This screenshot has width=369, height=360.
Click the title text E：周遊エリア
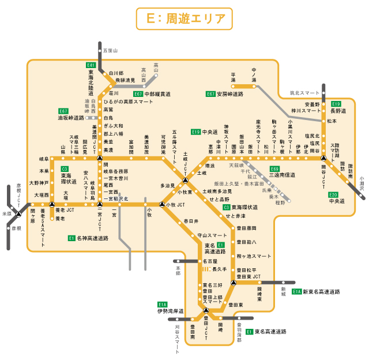[184, 18]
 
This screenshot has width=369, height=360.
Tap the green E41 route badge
[91, 65]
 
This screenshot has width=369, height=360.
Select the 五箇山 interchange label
[110, 51]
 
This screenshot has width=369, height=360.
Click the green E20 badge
[334, 194]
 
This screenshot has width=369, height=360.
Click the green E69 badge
[274, 168]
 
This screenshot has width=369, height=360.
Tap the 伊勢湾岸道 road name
[170, 311]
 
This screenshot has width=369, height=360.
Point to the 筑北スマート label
[304, 92]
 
